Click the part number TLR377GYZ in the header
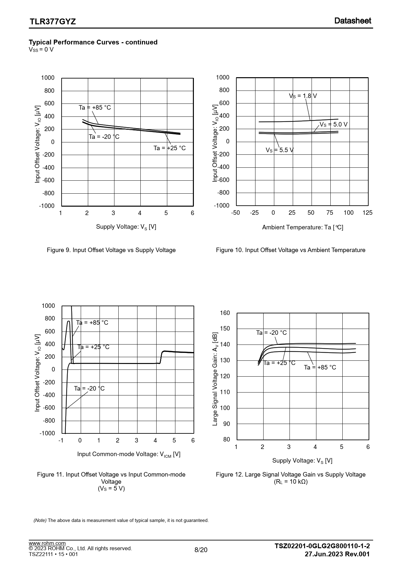click(53, 22)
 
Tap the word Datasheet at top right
click(352, 21)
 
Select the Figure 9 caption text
click(111, 250)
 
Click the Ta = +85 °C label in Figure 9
click(95, 108)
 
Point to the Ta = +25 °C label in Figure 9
click(170, 148)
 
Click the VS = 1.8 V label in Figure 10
click(303, 96)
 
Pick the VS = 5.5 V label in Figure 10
click(279, 150)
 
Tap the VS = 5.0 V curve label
click(334, 125)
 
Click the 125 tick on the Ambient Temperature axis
click(367, 213)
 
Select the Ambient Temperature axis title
click(302, 227)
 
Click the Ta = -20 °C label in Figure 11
click(89, 389)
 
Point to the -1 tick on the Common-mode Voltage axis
click(61, 441)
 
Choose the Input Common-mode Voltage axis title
click(129, 454)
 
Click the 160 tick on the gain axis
click(225, 313)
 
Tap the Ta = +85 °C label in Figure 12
click(320, 368)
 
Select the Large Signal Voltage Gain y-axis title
click(215, 379)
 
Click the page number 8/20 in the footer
click(201, 550)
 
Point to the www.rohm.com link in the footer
click(47, 543)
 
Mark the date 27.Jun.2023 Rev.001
click(337, 554)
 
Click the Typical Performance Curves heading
click(93, 42)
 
